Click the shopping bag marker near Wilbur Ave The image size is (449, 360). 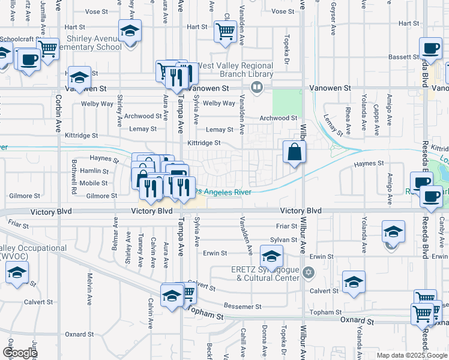click(x=295, y=153)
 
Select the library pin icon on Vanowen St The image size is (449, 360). click(x=257, y=88)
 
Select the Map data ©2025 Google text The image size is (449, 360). click(x=411, y=355)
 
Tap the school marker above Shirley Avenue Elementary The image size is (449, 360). click(x=129, y=32)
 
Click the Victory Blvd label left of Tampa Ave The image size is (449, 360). click(x=152, y=211)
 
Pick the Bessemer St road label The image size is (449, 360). click(x=242, y=306)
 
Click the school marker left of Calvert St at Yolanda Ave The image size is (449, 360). click(x=354, y=283)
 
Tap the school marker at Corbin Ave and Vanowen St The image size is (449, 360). click(x=79, y=78)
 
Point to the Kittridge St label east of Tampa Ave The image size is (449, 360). click(x=204, y=143)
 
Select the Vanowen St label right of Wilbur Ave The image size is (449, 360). click(x=330, y=88)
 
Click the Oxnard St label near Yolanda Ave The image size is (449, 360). click(x=358, y=322)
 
